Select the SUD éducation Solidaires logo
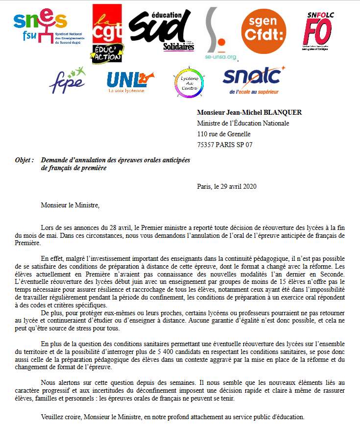point(159,29)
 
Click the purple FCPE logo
point(68,80)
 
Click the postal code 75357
point(206,145)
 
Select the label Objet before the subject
point(24,160)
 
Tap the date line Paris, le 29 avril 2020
point(226,186)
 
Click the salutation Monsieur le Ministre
point(70,204)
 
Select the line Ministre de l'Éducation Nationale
point(243,123)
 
